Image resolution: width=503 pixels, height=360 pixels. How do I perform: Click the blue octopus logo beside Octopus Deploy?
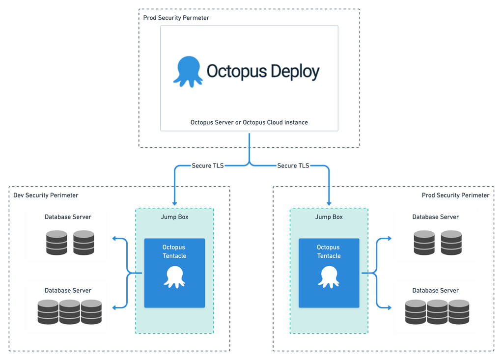coord(188,72)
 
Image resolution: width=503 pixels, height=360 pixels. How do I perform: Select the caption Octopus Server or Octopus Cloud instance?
coord(249,122)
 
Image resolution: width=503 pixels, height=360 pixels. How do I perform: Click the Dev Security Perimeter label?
coord(45,195)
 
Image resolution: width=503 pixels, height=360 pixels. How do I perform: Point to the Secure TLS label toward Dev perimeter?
coord(207,166)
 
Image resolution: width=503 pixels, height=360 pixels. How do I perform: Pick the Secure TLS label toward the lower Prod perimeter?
coord(293,166)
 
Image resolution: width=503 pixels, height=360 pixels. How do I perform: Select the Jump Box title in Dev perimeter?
coord(174,217)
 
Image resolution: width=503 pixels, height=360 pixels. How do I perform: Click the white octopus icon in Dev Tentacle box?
coord(174,277)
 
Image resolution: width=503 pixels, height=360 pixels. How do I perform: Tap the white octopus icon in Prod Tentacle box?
coord(329,277)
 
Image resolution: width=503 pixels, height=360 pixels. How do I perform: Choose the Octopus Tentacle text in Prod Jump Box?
coord(329,251)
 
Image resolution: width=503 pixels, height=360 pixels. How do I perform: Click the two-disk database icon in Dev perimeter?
coord(70,243)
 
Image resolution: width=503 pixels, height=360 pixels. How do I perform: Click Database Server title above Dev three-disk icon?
coord(68,290)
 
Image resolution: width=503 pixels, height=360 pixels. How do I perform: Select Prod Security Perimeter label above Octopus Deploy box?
coord(176,18)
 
